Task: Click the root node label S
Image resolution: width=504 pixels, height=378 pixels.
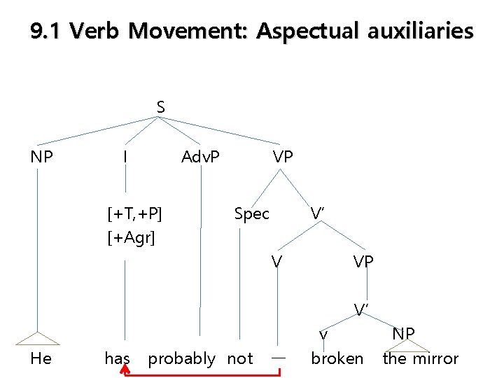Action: click(x=160, y=107)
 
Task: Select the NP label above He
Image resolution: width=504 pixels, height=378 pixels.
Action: click(x=41, y=157)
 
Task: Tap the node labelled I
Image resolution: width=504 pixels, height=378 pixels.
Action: click(x=125, y=157)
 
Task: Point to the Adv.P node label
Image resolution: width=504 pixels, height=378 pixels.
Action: click(x=200, y=157)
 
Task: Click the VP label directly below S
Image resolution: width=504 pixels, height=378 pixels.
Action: click(x=283, y=157)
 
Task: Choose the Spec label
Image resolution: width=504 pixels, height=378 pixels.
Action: click(x=251, y=213)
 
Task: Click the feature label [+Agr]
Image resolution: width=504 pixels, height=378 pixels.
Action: click(x=131, y=238)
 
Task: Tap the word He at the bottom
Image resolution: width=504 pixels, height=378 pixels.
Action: click(x=41, y=358)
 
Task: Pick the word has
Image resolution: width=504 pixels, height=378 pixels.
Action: click(x=118, y=358)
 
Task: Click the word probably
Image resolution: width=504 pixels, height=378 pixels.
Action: click(x=181, y=358)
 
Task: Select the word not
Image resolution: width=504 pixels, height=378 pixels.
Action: click(x=240, y=358)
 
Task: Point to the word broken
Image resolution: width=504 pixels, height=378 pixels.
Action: click(x=337, y=358)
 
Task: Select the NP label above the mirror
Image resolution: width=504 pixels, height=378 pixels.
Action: click(x=403, y=333)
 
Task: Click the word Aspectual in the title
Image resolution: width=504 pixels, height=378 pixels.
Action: click(x=307, y=31)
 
